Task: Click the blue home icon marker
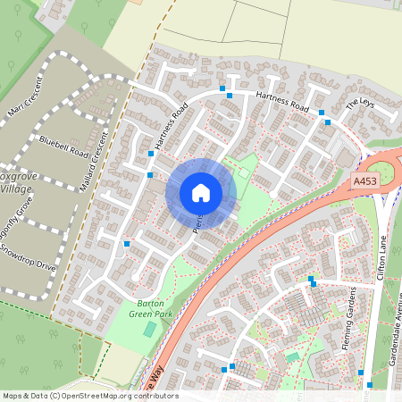201,193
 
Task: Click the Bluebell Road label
64,147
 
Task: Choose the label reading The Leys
358,104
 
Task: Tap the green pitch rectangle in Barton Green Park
149,330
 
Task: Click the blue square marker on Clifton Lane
361,373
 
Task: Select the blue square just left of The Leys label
328,121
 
